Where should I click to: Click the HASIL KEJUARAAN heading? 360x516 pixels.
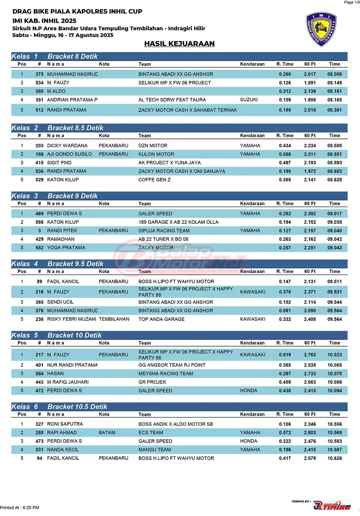click(x=179, y=44)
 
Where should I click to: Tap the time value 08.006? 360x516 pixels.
click(x=334, y=74)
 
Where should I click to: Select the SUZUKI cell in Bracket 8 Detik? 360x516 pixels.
click(x=249, y=100)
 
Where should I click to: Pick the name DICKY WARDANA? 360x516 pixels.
click(x=67, y=146)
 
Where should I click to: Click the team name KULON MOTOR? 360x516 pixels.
click(x=156, y=154)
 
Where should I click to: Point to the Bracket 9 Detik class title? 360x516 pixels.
click(x=72, y=196)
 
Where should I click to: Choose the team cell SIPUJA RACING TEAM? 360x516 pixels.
click(x=164, y=231)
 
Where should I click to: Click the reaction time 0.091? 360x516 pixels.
click(x=285, y=311)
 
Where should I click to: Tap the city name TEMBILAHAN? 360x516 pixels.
click(x=114, y=319)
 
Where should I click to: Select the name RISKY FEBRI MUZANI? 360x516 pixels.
click(x=72, y=319)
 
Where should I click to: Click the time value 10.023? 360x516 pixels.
click(x=334, y=355)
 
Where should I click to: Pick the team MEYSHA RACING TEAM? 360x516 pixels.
click(x=166, y=374)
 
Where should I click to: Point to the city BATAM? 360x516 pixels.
click(x=107, y=433)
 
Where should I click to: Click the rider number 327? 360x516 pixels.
click(x=39, y=424)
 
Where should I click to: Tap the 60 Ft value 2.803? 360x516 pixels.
click(x=310, y=433)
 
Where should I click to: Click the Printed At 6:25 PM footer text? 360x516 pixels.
click(x=20, y=508)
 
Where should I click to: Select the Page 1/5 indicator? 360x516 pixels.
click(x=351, y=3)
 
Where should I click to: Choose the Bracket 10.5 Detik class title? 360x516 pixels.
click(x=77, y=407)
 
